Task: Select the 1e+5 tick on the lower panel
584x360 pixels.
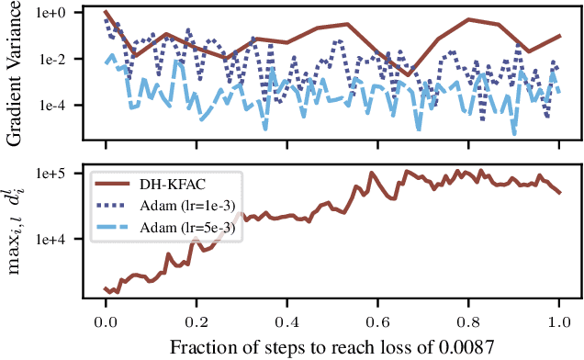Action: pyautogui.click(x=61, y=174)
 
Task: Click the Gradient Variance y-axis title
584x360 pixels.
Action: pyautogui.click(x=16, y=73)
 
